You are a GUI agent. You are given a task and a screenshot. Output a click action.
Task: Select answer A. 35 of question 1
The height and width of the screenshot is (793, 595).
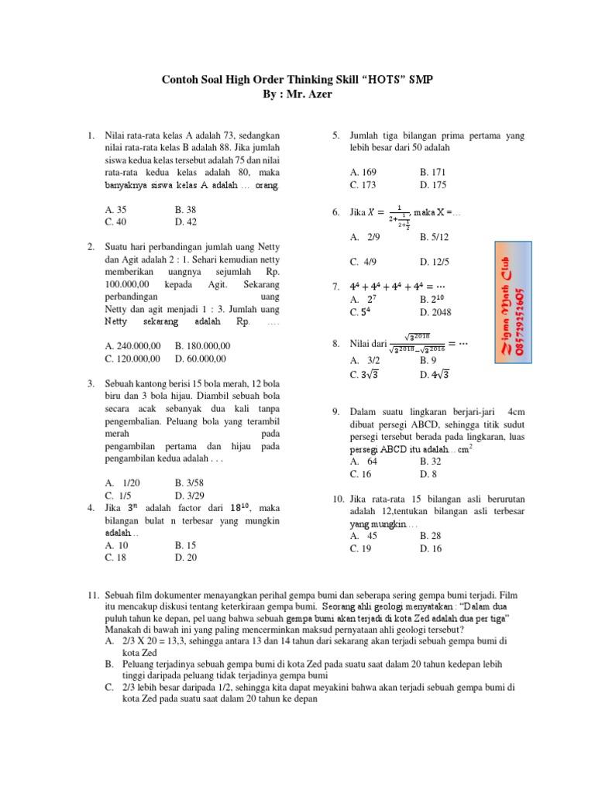[115, 209]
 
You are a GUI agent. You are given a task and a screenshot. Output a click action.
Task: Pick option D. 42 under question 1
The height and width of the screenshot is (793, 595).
[186, 221]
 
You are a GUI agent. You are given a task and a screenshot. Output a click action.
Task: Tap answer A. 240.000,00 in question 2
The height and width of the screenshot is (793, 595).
[132, 345]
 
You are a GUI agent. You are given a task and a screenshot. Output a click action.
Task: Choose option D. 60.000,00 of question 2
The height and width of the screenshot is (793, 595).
[201, 358]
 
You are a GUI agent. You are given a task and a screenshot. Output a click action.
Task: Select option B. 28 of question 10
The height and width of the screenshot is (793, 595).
[432, 536]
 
